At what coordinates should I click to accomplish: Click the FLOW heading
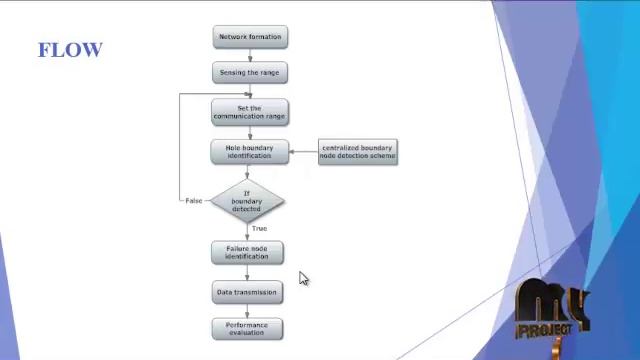70,49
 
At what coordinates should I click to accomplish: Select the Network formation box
250,37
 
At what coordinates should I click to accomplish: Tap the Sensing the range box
250,73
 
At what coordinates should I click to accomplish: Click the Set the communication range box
249,112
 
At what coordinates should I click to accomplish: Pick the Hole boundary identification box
249,152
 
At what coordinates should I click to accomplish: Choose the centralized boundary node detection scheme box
358,152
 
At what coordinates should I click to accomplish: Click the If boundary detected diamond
247,200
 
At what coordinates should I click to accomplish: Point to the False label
194,201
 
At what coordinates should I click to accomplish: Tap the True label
259,229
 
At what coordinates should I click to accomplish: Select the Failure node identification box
247,252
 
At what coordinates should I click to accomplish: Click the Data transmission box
247,292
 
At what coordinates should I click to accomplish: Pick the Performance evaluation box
247,329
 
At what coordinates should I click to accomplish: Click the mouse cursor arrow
303,278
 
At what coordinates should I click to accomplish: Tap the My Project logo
550,312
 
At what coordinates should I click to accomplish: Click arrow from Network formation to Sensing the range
250,55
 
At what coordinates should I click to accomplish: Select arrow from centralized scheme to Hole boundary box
303,152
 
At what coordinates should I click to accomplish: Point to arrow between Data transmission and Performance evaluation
247,311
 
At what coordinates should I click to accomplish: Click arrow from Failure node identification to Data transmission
247,272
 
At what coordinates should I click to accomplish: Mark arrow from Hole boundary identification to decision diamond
247,172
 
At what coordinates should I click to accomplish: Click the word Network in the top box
234,37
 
